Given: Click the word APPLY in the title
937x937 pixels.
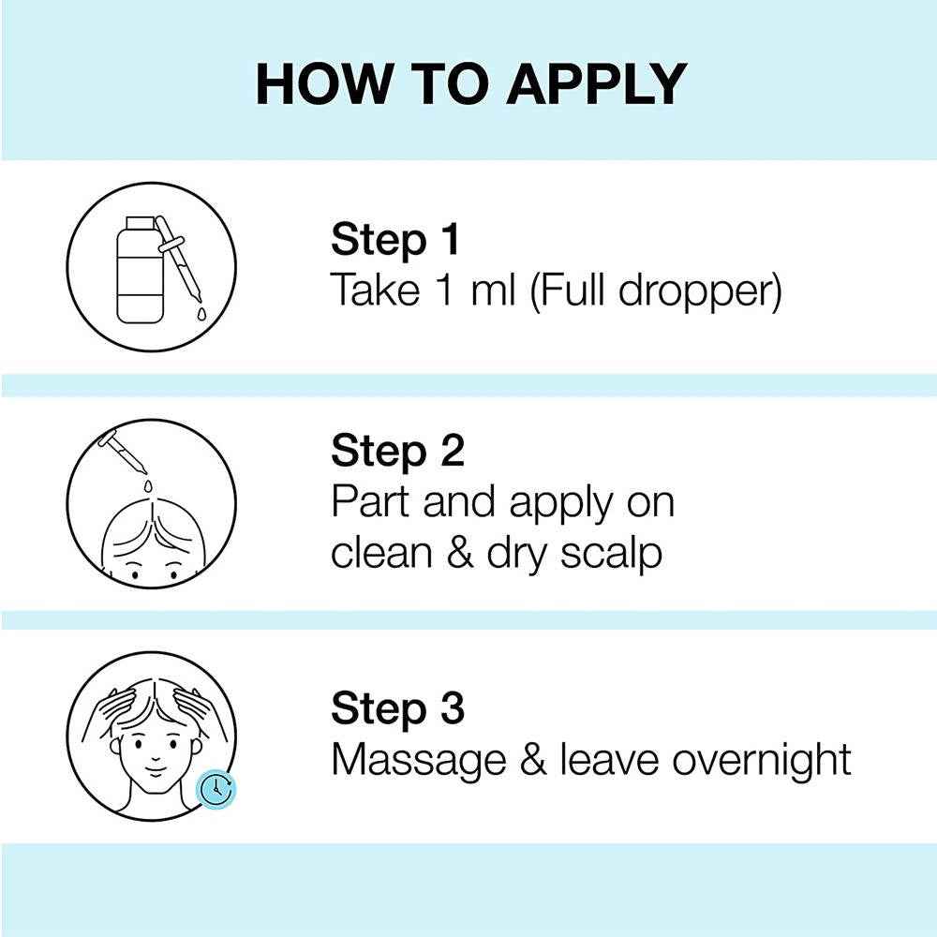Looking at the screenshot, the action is (597, 83).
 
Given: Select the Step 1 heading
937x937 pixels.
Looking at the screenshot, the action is (395, 240).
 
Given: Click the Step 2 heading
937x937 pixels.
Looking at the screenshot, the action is (397, 452).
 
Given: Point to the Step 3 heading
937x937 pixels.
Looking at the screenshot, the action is (397, 708).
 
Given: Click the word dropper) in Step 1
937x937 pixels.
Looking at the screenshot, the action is (700, 291).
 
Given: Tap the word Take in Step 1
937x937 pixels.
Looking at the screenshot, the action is (376, 290).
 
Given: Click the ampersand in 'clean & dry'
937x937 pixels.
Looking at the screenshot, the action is (459, 553).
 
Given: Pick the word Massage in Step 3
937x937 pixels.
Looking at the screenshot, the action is (418, 761).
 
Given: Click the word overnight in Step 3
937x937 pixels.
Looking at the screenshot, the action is (761, 760).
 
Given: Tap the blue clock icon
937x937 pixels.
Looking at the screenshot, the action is (216, 789).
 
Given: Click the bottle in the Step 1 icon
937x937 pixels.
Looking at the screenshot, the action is (140, 270).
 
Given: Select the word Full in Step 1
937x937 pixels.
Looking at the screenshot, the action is (572, 290).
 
